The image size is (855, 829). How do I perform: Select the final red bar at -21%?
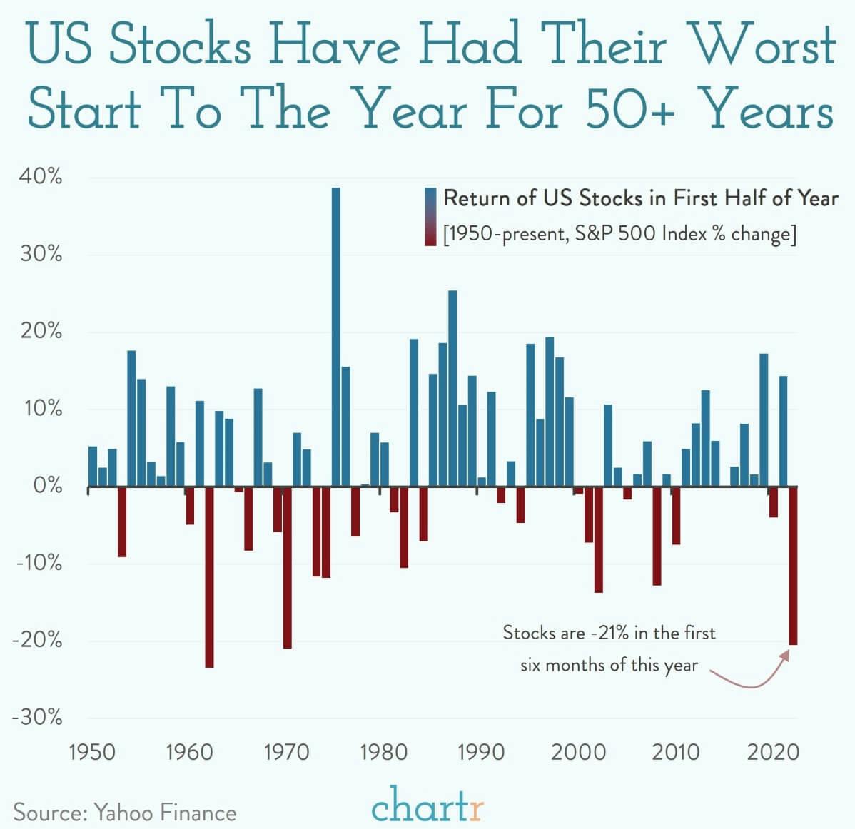coord(793,565)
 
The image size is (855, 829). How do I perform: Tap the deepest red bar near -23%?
coord(209,576)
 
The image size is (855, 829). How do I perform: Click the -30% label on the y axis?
coord(37,717)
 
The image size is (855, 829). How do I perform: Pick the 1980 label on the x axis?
coord(384,752)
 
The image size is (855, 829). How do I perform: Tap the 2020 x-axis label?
coord(773,752)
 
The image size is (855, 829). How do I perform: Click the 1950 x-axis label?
coord(93,752)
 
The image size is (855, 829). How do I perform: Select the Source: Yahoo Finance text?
coord(125,813)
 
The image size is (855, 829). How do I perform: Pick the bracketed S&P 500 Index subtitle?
coord(619,234)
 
